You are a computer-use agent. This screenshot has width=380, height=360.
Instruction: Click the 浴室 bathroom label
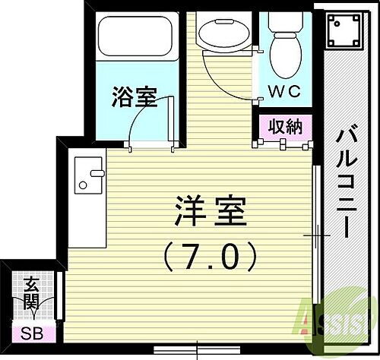(x=135, y=97)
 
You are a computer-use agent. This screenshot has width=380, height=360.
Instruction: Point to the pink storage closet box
(x=283, y=127)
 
